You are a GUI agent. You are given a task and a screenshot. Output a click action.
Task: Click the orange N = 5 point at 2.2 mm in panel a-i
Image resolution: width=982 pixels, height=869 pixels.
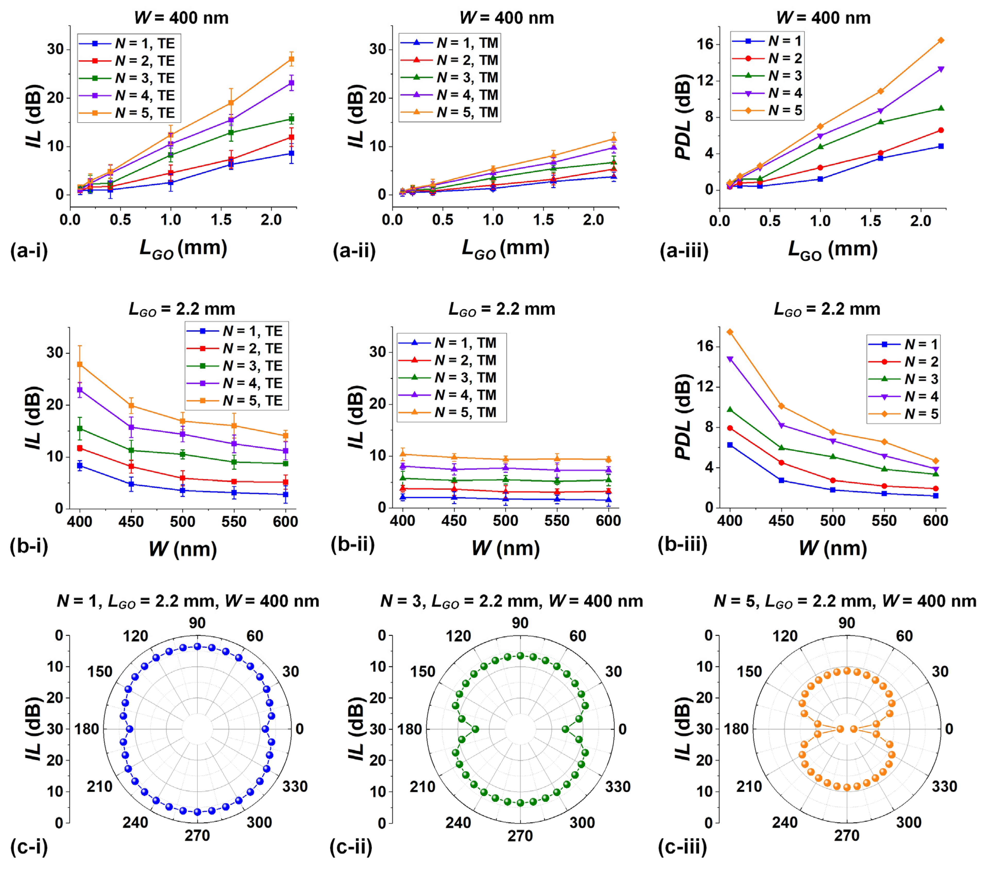click(291, 59)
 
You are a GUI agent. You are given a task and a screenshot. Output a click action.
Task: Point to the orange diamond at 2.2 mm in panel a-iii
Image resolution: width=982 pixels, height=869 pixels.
click(941, 40)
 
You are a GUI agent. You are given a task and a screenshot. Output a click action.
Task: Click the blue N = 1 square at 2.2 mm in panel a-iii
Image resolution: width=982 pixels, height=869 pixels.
click(941, 146)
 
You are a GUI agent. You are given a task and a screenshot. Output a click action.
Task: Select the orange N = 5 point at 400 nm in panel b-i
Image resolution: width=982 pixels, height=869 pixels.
click(80, 364)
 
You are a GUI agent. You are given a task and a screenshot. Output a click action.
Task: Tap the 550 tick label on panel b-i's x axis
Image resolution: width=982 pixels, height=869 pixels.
click(234, 522)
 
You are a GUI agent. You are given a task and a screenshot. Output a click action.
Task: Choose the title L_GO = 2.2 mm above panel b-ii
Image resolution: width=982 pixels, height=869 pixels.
click(502, 309)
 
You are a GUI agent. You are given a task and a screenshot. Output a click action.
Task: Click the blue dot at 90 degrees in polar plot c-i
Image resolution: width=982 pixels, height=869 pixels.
click(197, 647)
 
